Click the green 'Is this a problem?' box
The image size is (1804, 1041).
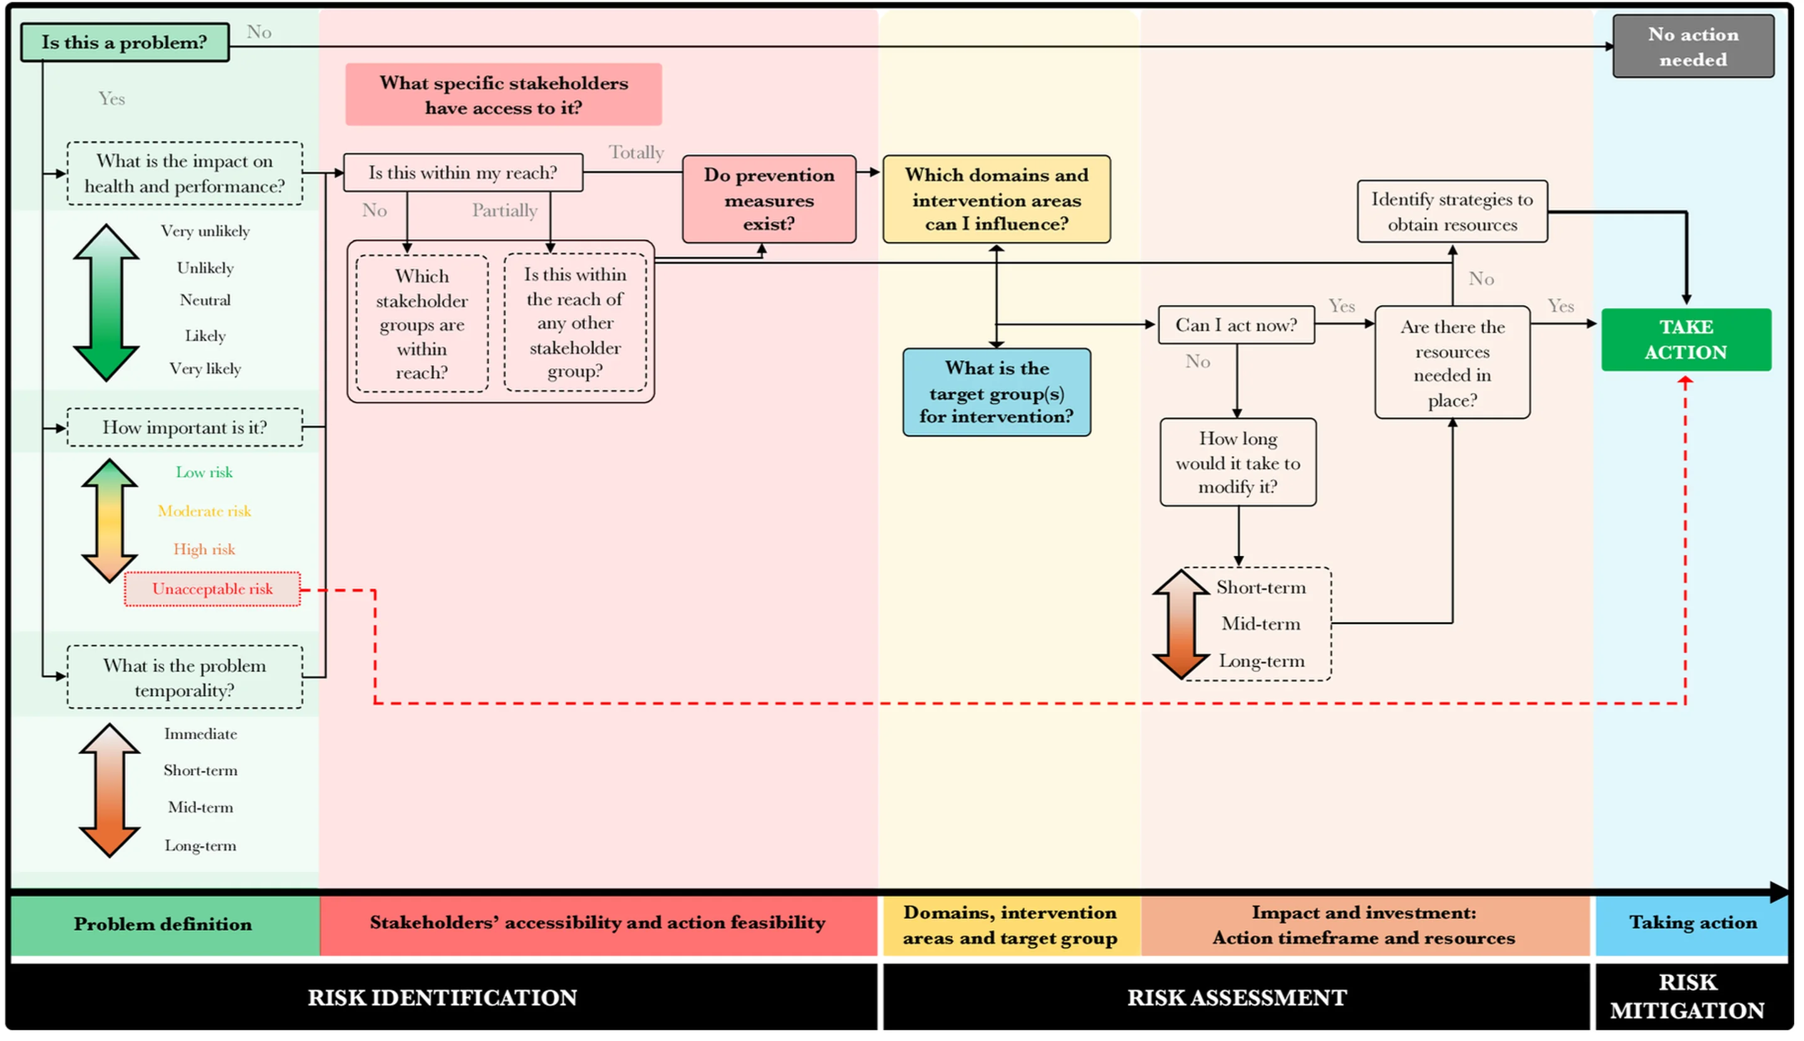tap(125, 42)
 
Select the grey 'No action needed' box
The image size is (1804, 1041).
tap(1693, 46)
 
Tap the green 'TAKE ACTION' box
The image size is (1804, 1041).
tap(1686, 339)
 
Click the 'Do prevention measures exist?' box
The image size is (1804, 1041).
tap(769, 199)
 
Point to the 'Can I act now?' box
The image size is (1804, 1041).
tap(1236, 325)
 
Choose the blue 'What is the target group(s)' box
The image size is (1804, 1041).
tap(996, 393)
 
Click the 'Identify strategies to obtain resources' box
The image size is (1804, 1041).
tap(1451, 212)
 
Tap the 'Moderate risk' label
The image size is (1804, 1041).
tap(204, 511)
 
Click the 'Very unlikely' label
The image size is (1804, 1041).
tap(205, 231)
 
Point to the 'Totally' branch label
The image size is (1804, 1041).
tap(636, 152)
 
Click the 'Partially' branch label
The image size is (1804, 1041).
tap(504, 210)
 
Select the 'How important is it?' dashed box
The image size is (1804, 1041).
tap(185, 428)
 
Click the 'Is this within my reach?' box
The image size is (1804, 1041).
tap(463, 172)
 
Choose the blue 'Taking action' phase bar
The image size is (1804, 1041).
tap(1692, 924)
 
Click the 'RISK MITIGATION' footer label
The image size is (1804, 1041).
tap(1687, 997)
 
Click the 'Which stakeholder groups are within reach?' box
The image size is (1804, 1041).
tap(422, 324)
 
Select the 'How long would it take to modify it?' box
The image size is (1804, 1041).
tap(1238, 463)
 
